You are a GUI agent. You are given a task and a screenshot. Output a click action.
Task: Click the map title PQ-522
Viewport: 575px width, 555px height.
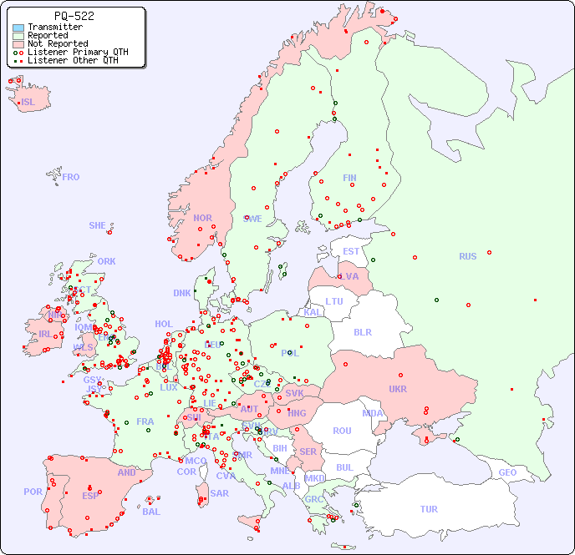point(74,16)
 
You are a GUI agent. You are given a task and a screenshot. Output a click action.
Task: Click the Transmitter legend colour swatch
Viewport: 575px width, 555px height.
point(18,28)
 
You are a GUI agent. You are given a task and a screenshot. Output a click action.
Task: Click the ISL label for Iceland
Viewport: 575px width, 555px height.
point(28,103)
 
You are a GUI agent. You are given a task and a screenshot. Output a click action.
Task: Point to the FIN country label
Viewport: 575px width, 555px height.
point(349,178)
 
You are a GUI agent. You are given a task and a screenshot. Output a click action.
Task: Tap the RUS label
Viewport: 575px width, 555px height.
point(467,256)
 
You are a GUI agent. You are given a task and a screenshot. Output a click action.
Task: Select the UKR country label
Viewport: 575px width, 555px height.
point(397,389)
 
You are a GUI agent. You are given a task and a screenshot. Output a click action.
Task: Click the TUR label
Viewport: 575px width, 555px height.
point(429,509)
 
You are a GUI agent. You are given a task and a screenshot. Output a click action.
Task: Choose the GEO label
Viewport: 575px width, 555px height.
point(507,472)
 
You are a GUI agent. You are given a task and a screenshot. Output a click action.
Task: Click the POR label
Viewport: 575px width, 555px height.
point(33,492)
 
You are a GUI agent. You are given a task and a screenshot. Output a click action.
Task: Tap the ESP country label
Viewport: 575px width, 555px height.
point(90,495)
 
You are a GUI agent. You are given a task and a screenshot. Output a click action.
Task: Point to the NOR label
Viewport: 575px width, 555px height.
point(202,218)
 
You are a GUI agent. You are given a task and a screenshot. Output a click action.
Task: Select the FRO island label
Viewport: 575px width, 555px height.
point(71,177)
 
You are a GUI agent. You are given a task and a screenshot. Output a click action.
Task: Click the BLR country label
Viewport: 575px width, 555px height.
point(362,331)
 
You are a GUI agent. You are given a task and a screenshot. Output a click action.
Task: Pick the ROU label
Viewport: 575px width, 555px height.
point(342,431)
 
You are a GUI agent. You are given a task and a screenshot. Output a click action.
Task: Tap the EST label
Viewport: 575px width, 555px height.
point(351,251)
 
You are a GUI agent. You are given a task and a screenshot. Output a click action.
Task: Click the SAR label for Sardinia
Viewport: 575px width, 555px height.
point(219,493)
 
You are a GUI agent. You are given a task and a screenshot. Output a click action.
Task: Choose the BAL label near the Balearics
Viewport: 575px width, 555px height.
point(150,512)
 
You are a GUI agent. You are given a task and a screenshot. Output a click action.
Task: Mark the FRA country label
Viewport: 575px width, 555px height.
point(145,421)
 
